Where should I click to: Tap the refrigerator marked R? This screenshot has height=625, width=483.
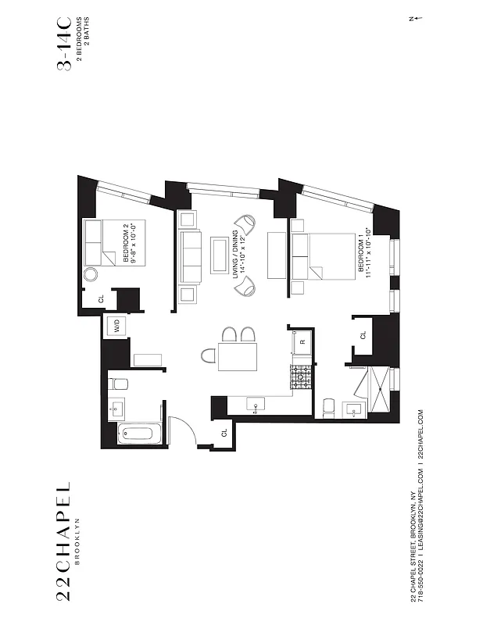point(302,342)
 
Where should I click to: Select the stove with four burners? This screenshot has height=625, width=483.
point(301,378)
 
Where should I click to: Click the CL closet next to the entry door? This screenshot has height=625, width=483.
point(224,432)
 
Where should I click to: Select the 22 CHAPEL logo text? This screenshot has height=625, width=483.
point(64,543)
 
